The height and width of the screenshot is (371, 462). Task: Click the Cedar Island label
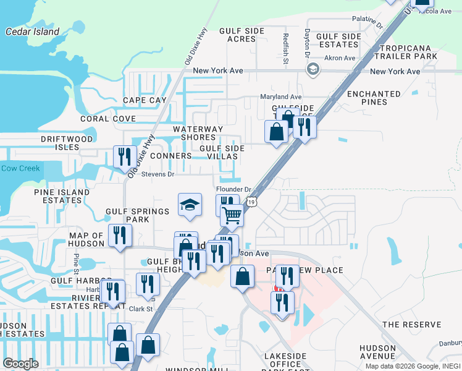coord(32,32)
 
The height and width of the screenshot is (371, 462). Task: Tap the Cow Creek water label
coord(20,168)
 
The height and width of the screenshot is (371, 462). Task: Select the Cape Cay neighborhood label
coord(145,100)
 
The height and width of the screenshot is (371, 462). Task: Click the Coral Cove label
coord(107,119)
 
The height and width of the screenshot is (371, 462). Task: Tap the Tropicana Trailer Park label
coord(409,52)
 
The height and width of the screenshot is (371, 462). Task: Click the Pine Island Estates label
coord(62,197)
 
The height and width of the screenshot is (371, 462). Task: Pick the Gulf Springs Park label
coord(137,216)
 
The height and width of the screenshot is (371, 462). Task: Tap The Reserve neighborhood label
coord(412,325)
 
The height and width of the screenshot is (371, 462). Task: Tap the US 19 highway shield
coord(251,202)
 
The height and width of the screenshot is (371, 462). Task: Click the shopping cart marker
coord(232,215)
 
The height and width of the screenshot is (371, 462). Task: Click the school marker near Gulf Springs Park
coord(190,205)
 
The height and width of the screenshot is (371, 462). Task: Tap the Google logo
coord(21,364)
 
